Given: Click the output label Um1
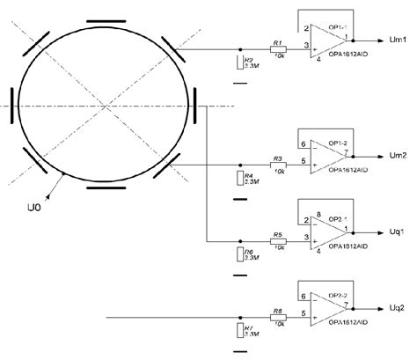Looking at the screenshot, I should click(397, 40).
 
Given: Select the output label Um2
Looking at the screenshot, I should click(397, 155).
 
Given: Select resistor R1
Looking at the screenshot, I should click(278, 49).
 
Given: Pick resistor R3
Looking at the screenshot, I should click(278, 165).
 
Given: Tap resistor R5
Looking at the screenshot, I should click(278, 240).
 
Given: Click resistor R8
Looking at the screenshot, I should click(278, 316).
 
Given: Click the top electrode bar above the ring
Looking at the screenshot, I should click(106, 18).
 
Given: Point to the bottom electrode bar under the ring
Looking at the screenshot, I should click(106, 187).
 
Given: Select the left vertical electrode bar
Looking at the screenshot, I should click(11, 107).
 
